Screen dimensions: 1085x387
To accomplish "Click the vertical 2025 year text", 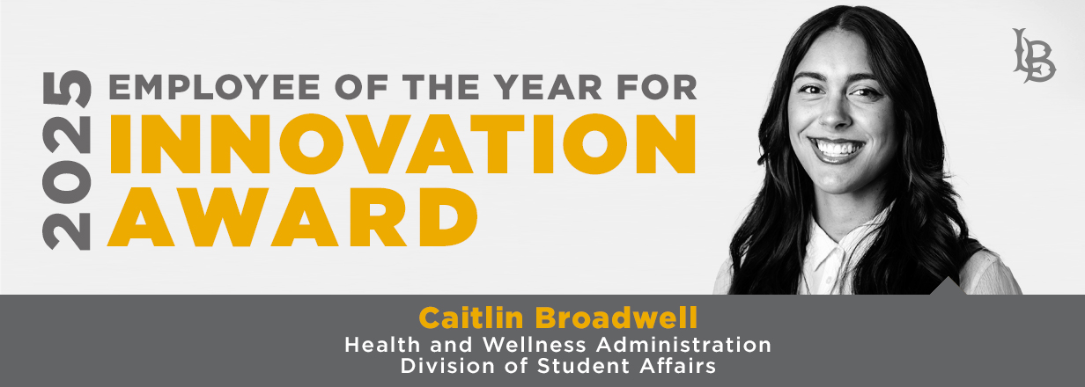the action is (x=67, y=160).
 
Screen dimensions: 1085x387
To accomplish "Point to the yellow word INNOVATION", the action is (x=402, y=144).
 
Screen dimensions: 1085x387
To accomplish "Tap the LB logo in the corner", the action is (x=1034, y=55).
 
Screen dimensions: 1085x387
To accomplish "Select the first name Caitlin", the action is (x=471, y=318).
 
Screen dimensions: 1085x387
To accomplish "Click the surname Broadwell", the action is (x=616, y=318).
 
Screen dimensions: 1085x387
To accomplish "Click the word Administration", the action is (x=684, y=345).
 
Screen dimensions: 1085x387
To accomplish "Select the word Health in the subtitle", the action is (x=382, y=345).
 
